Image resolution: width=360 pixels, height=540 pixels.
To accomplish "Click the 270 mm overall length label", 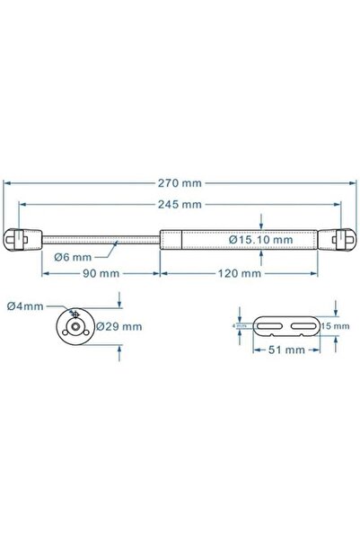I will pos(180,182).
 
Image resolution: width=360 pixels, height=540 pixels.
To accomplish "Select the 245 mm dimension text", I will pos(180,205).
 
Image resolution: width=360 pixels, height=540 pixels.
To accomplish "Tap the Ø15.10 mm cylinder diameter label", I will pos(260,240).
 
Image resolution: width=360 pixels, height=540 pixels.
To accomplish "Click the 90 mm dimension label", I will pos(100,272).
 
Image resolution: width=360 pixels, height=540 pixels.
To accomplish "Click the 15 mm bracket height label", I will pos(334,326).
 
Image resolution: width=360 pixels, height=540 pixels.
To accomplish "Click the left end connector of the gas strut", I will pos(30,240).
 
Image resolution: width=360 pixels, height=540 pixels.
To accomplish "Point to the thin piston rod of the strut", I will pos(99,240).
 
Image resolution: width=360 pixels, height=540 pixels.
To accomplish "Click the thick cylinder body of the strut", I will pos(242,240).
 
